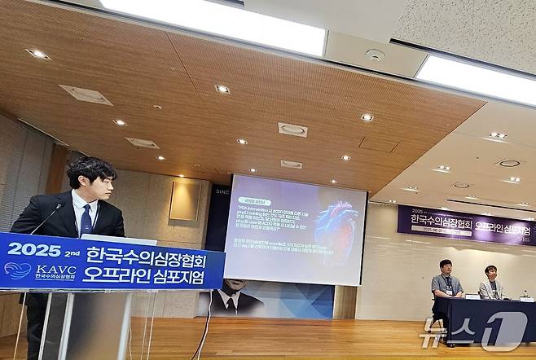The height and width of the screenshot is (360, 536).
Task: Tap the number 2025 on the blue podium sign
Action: tap(34, 250)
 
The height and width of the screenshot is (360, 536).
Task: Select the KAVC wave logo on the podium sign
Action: tap(17, 270)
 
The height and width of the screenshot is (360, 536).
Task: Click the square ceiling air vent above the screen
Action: tap(292, 130)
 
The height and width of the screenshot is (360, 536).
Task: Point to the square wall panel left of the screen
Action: tap(185, 200)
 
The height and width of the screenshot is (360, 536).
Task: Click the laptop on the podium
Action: tap(118, 239)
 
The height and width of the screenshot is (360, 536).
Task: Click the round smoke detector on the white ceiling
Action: tap(375, 55)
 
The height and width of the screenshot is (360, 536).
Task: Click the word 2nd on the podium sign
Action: tap(72, 252)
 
